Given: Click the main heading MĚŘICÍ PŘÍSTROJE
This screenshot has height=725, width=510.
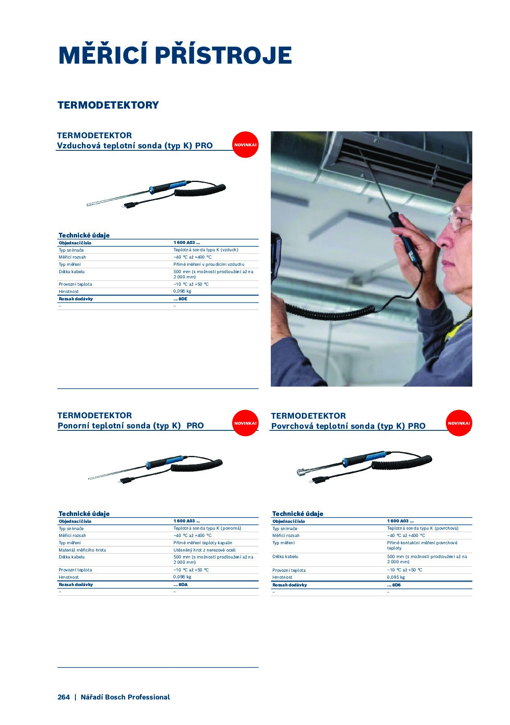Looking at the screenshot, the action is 175,55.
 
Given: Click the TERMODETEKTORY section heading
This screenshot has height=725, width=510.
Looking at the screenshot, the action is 108,105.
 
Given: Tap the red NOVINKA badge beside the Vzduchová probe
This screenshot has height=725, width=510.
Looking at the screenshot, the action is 245,145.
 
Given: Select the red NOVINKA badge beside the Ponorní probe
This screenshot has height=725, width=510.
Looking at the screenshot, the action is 245,423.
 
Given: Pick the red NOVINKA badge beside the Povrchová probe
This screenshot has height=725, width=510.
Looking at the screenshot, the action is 459,423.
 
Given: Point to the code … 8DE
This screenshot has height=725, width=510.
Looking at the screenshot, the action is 180,299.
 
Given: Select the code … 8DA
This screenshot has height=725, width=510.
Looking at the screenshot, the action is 180,584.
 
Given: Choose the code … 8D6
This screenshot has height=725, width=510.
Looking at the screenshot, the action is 394,585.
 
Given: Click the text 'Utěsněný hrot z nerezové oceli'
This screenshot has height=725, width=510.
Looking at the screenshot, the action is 204,550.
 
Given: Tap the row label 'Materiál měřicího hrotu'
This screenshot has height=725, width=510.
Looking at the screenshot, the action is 82,550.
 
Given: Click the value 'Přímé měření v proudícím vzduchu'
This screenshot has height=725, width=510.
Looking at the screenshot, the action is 209,264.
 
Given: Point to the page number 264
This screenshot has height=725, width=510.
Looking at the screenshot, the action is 64,697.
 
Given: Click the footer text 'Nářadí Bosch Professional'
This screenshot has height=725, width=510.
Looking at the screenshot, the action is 125,697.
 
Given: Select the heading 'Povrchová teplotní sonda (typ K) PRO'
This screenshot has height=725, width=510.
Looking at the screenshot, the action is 348,426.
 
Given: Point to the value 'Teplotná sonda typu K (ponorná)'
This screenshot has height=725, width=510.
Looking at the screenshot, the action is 207,528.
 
